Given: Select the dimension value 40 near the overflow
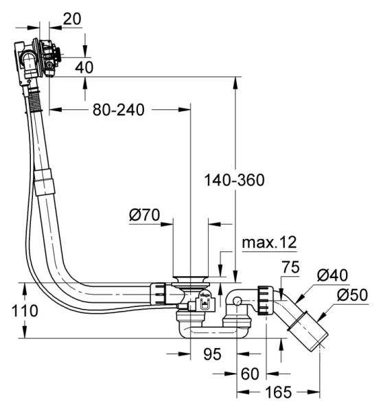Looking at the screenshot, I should tap(84, 67).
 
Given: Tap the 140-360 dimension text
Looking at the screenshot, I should tap(234, 180).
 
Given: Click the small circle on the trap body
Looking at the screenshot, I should tap(235, 300).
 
